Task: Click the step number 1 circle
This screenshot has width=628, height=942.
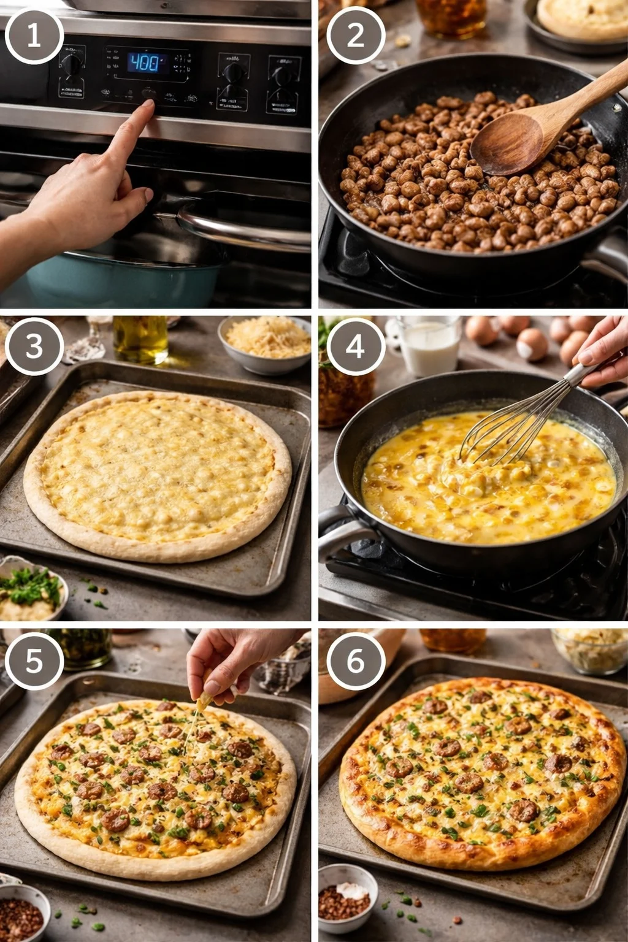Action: pyautogui.click(x=34, y=36)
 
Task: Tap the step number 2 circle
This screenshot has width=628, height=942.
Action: pyautogui.click(x=356, y=36)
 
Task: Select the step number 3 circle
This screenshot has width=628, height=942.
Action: pyautogui.click(x=34, y=347)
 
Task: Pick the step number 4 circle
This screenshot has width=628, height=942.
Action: pyautogui.click(x=356, y=347)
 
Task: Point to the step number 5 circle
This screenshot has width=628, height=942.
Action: pyautogui.click(x=34, y=661)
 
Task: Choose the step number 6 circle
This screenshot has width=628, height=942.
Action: pyautogui.click(x=356, y=661)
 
